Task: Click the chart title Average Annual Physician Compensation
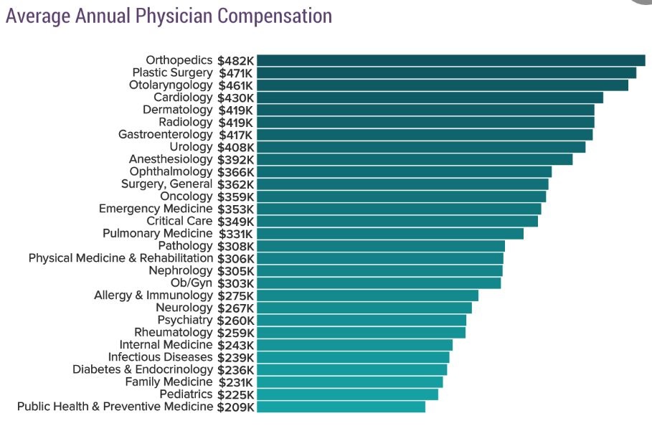[x=169, y=16]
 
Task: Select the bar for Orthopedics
[x=450, y=60]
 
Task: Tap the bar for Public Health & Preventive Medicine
[x=341, y=407]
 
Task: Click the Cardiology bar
[x=430, y=98]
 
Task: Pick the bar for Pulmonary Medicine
[x=390, y=234]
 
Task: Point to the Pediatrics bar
[x=347, y=394]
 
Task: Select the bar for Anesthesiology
[x=415, y=159]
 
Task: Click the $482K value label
[x=235, y=61]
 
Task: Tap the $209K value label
[x=235, y=407]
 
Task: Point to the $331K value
[x=235, y=234]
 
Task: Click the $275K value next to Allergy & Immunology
[x=235, y=295]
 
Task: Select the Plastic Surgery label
[x=173, y=72]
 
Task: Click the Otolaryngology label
[x=171, y=85]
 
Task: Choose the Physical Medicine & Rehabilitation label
[x=121, y=258]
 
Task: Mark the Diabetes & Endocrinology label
[x=143, y=369]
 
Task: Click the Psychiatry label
[x=185, y=320]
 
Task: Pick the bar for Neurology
[x=364, y=308]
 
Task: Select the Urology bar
[x=421, y=147]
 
